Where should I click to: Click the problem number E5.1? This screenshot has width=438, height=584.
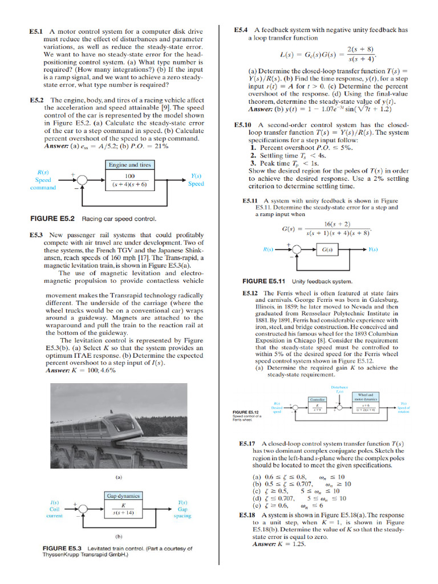[x=37, y=32]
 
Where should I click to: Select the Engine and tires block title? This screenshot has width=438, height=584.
[x=129, y=165]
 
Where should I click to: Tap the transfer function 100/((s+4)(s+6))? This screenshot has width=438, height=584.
[x=129, y=180]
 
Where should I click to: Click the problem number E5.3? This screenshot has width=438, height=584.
[x=37, y=234]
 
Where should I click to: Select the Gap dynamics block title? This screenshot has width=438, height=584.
[x=124, y=496]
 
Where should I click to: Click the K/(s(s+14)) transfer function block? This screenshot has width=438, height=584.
[x=124, y=509]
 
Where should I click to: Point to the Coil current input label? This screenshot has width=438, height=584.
[x=55, y=509]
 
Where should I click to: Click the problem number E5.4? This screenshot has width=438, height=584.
[x=241, y=29]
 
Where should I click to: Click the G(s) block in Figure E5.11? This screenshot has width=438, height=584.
[x=328, y=250]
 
